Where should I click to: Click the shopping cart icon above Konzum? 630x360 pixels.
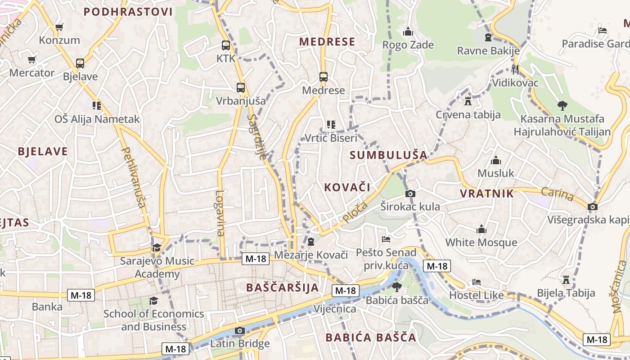pyautogui.click(x=59, y=27)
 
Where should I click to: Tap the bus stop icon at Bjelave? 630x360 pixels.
pyautogui.click(x=80, y=63)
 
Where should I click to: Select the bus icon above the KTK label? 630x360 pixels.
pyautogui.click(x=226, y=45)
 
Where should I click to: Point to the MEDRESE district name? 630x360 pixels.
pyautogui.click(x=327, y=42)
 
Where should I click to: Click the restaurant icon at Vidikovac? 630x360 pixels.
pyautogui.click(x=515, y=69)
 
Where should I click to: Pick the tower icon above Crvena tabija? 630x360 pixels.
pyautogui.click(x=468, y=101)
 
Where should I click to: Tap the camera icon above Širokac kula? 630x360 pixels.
pyautogui.click(x=410, y=193)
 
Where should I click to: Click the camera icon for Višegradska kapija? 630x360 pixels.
pyautogui.click(x=593, y=207)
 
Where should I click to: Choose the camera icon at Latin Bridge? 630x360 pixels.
pyautogui.click(x=239, y=331)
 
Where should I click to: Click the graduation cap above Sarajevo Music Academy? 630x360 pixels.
pyautogui.click(x=157, y=247)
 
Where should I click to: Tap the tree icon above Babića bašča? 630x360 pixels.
pyautogui.click(x=396, y=287)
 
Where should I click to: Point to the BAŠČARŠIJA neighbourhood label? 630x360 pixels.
pyautogui.click(x=282, y=287)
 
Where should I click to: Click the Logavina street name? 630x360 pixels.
pyautogui.click(x=220, y=213)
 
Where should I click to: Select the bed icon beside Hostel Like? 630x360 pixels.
pyautogui.click(x=477, y=282)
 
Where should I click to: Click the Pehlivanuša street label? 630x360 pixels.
pyautogui.click(x=134, y=178)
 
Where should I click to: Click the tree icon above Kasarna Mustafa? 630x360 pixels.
pyautogui.click(x=562, y=106)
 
